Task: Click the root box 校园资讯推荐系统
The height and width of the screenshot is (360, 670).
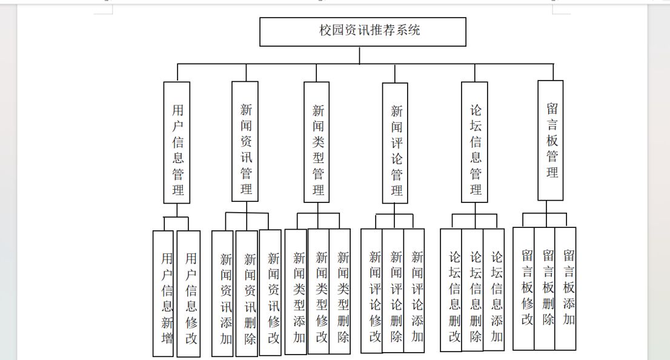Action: (363, 32)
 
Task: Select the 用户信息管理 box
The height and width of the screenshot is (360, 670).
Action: (177, 142)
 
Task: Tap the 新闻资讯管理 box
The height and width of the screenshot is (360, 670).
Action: (245, 141)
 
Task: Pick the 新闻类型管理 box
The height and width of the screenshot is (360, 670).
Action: (317, 142)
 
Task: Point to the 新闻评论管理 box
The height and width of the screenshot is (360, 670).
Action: (395, 143)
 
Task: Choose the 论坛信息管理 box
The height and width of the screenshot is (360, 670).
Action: (474, 142)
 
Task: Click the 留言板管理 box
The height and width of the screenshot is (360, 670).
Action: (550, 140)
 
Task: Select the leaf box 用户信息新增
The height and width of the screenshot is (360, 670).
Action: (163, 293)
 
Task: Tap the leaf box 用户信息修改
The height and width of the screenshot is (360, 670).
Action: (188, 294)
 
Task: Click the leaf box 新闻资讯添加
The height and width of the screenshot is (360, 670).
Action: (222, 293)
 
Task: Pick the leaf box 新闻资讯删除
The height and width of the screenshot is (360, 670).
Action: (247, 293)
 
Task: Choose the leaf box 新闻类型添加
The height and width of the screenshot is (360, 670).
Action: (296, 292)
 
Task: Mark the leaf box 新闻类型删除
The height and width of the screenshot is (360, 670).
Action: (340, 291)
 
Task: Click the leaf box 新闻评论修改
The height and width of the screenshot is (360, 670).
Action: (372, 291)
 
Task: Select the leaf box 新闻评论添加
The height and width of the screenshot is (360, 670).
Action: (414, 290)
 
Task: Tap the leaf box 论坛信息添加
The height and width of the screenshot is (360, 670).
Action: (494, 290)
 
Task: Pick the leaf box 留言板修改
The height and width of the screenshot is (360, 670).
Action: (523, 288)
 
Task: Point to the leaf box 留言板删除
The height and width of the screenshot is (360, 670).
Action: (545, 288)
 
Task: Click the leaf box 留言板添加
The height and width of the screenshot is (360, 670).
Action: (566, 288)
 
